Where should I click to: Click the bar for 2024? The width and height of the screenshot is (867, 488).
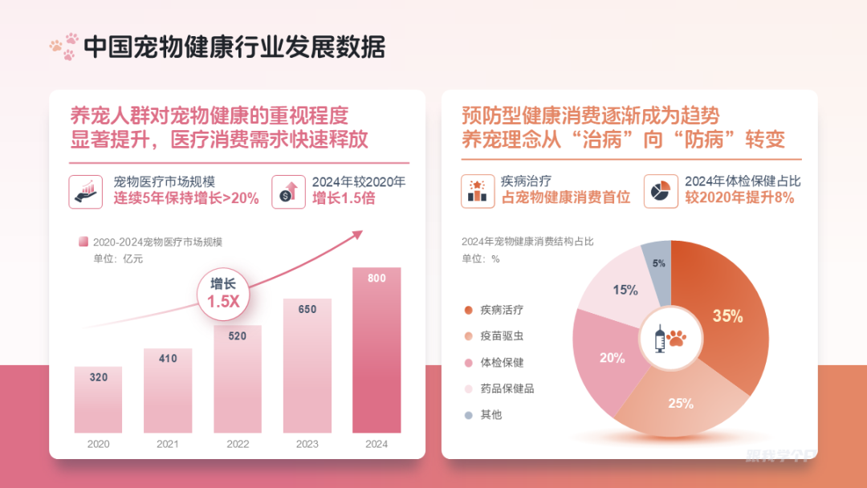point(377,353)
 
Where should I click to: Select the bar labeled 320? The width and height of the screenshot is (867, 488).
point(98,401)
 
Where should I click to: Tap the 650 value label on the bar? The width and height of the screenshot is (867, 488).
point(307,309)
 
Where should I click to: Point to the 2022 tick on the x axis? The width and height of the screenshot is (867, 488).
point(238,444)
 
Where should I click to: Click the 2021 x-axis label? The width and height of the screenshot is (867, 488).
point(168,444)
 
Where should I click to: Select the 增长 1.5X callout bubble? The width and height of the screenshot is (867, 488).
point(223,294)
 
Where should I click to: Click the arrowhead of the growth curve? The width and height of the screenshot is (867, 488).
point(356,234)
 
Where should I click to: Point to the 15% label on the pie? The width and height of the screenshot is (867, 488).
point(625,291)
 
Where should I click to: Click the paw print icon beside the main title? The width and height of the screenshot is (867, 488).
point(63,47)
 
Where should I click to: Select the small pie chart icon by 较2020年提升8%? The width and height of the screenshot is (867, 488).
point(660,191)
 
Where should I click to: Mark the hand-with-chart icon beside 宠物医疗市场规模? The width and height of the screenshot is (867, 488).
point(85,191)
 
